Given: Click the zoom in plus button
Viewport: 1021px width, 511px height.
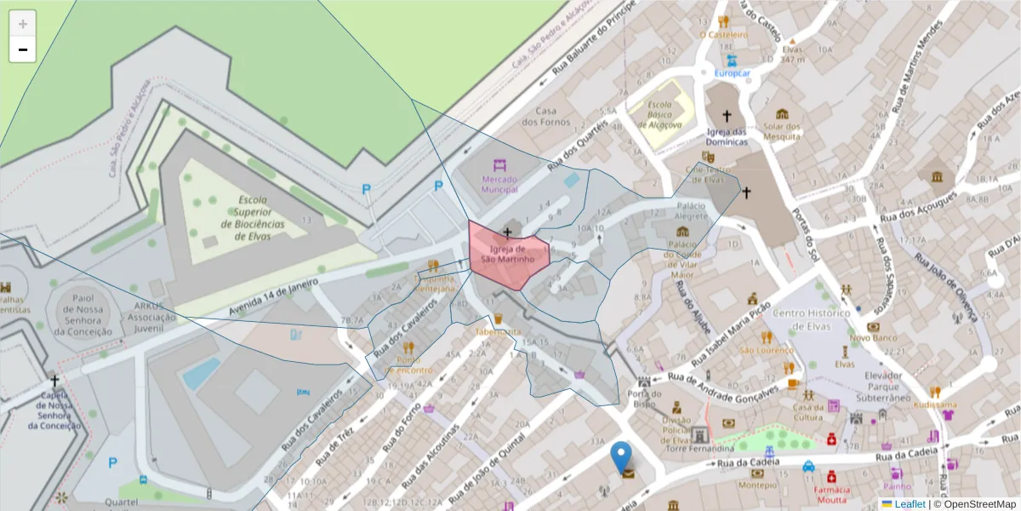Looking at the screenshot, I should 23,24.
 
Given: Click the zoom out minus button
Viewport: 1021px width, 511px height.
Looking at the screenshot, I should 23,49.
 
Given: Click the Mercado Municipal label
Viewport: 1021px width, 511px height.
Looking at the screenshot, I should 499,185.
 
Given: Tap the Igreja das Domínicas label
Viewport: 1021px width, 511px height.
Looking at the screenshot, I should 726,136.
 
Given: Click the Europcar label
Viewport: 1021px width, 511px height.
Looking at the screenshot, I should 732,73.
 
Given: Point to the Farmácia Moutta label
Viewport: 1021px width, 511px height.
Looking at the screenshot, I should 831,495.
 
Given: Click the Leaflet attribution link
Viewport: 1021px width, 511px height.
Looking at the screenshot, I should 910,504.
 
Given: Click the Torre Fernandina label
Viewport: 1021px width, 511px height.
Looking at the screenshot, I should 699,448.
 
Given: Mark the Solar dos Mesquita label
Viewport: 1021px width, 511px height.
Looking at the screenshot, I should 782,130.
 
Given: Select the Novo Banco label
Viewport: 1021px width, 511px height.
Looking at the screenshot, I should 873,338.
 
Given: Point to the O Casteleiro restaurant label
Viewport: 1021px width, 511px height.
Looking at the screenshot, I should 723,35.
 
